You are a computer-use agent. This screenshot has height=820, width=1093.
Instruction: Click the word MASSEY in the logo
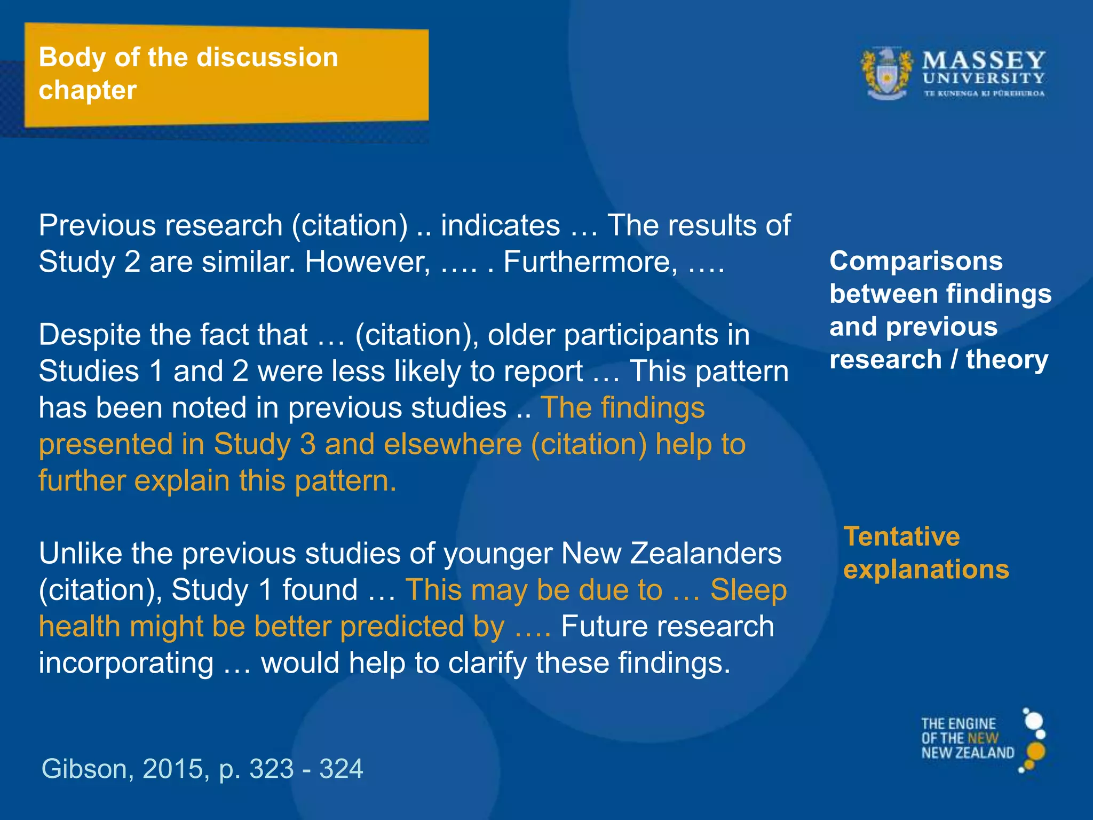coord(984,60)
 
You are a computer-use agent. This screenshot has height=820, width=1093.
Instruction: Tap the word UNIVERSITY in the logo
coord(984,78)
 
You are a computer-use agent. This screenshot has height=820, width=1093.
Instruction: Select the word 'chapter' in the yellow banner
coord(88,90)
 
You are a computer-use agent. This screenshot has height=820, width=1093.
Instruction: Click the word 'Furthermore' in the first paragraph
coord(587,262)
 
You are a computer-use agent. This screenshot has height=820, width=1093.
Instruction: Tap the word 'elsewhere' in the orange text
coord(453,444)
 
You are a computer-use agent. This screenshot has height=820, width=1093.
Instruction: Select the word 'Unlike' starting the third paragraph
coord(80,553)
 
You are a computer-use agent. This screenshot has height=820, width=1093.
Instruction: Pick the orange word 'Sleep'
coord(748,590)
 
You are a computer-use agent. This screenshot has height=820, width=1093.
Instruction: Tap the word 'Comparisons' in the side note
coord(916,261)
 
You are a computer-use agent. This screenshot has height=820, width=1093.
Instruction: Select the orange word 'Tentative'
coord(901,536)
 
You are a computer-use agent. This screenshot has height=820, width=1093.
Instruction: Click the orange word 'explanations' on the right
coord(926,569)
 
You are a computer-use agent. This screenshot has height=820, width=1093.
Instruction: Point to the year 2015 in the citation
coord(172,769)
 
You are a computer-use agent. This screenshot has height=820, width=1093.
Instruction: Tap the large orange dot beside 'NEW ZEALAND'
coord(1035,751)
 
